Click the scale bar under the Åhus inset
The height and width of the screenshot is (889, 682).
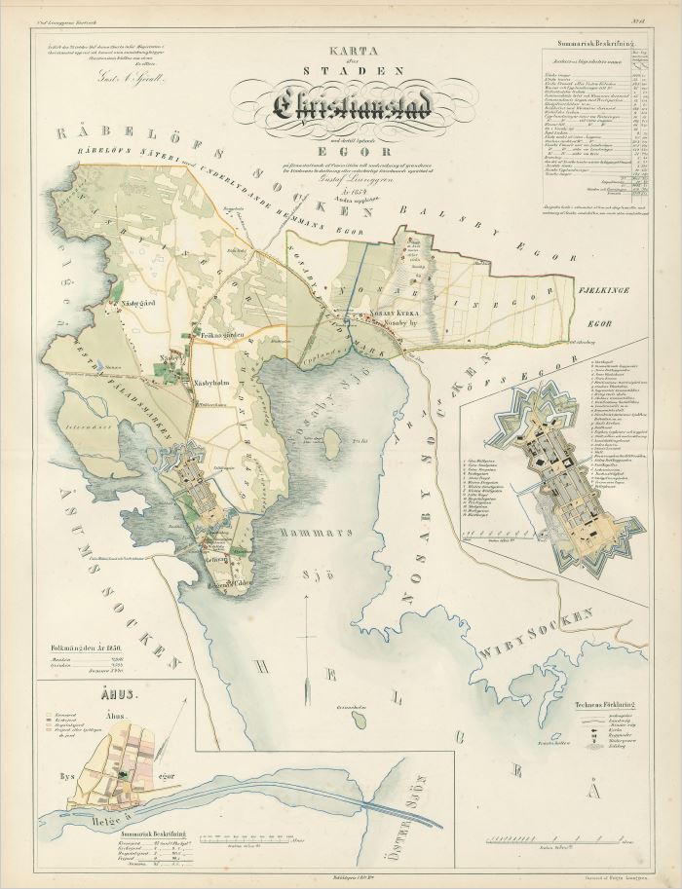[x=248, y=838]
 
